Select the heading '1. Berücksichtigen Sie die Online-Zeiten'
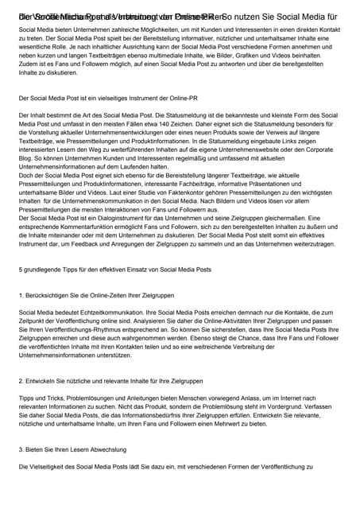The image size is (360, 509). click(x=96, y=294)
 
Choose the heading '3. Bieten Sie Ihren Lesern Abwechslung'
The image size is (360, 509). click(x=78, y=450)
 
